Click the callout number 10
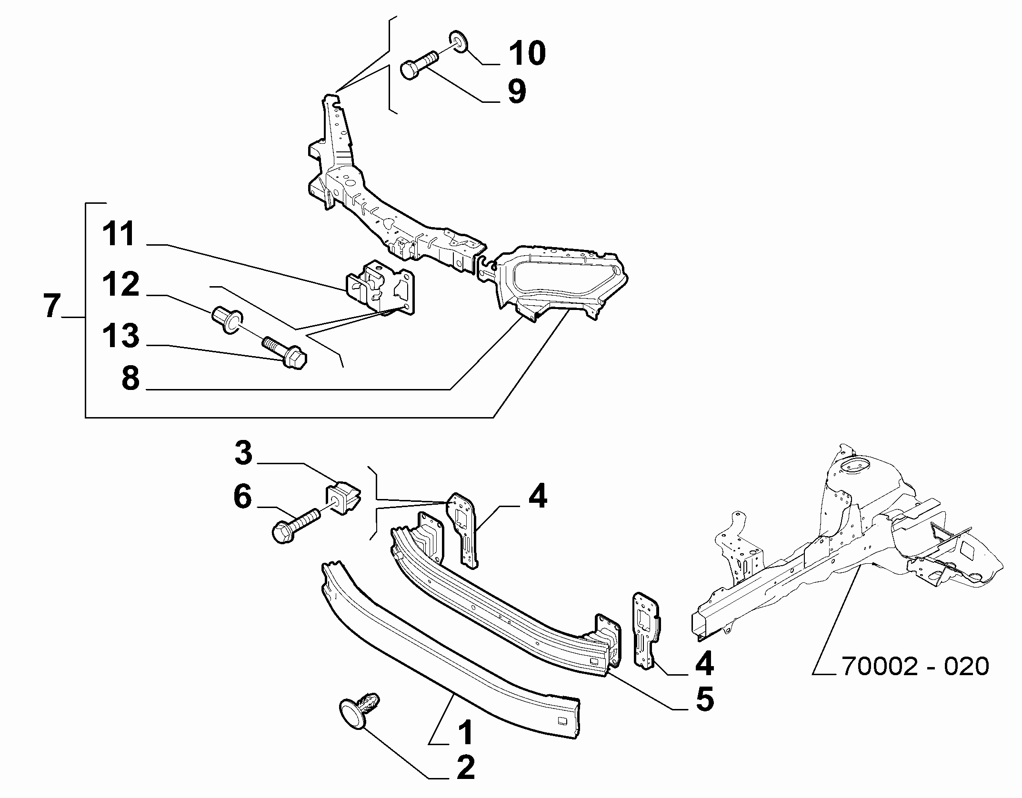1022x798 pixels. (527, 53)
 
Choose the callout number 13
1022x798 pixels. (121, 335)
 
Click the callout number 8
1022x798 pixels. (130, 379)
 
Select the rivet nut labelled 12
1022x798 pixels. (227, 320)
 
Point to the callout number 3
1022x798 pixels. (243, 453)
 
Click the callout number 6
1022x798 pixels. (242, 497)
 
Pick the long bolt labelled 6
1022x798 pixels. (296, 526)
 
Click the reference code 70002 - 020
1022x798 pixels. (915, 667)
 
